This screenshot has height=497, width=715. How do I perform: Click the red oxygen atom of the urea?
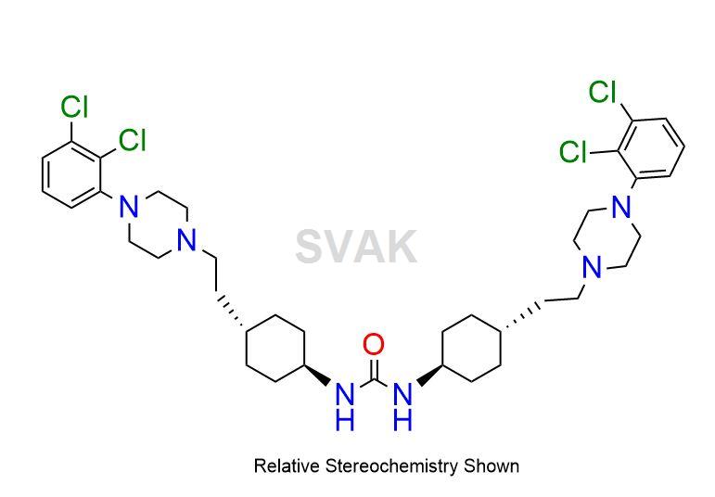coord(373,344)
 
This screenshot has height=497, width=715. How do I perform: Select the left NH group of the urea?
coord(345,407)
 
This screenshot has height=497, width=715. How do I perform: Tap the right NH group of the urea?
coord(402,407)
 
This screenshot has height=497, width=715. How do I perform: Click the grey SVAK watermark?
coord(356,247)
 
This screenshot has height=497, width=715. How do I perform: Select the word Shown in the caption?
coord(492,466)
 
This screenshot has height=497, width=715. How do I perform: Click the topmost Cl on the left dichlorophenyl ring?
coord(74,108)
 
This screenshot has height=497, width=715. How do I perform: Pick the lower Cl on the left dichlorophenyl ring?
coord(133,139)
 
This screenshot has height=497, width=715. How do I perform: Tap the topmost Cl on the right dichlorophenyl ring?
coord(603,92)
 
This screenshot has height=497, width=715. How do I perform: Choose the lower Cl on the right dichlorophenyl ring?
coord(573,151)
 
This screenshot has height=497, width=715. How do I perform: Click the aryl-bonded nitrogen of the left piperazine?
coord(129,206)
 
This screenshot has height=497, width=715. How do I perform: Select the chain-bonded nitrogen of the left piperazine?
coord(186,240)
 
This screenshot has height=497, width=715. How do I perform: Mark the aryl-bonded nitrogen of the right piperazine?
coord(620,207)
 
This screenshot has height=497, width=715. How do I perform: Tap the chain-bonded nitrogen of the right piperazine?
coord(593,267)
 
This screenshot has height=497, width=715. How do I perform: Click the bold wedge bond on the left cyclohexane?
coord(317,375)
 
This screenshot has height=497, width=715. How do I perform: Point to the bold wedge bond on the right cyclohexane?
coord(429,375)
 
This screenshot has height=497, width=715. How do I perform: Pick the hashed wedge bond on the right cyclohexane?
coord(522,315)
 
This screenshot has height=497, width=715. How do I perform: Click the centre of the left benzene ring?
coord(71,174)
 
